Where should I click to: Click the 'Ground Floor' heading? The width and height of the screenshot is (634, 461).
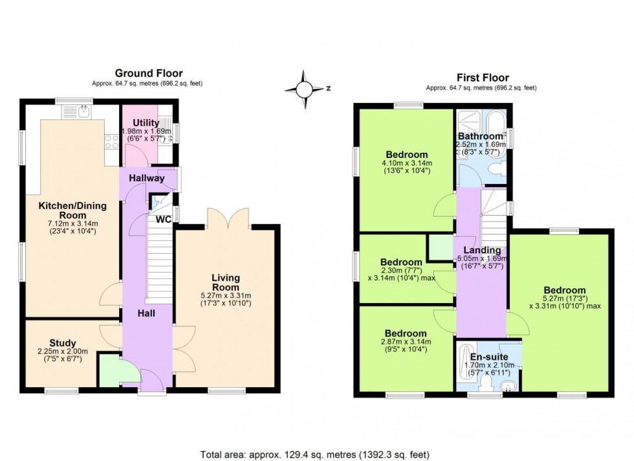click(x=149, y=73)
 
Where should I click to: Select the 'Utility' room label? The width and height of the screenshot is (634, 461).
click(x=146, y=123)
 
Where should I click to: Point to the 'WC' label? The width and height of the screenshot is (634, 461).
click(x=163, y=219)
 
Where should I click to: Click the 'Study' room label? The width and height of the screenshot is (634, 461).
click(x=63, y=343)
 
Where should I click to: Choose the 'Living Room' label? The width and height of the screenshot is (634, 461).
click(x=226, y=282)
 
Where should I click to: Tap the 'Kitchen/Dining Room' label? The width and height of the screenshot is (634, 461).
click(x=72, y=210)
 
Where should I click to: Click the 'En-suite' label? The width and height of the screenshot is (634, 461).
click(x=488, y=357)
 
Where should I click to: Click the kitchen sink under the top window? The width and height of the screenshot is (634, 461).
click(x=78, y=112)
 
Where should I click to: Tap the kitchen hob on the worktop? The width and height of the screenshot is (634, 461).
click(x=111, y=141)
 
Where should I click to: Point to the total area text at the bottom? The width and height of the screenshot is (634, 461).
click(x=316, y=455)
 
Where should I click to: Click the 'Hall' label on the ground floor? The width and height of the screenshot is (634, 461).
click(x=145, y=313)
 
